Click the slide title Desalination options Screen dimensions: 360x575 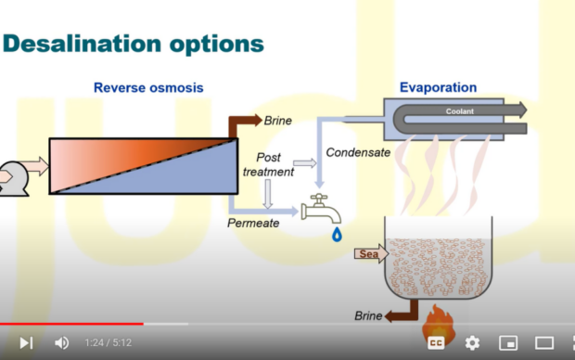tap(134, 43)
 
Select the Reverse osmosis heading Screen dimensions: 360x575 tap(148, 88)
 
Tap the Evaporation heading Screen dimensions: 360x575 tap(438, 88)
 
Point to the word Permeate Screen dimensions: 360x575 tap(253, 223)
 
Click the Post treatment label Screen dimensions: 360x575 tap(268, 164)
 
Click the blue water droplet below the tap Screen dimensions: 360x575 tap(337, 235)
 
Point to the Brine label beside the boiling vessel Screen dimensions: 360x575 tap(368, 316)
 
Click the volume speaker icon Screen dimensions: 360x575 tap(61, 342)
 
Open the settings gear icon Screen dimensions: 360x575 tap(472, 342)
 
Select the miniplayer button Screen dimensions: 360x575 tap(508, 342)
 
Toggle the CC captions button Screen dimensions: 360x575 tap(436, 342)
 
